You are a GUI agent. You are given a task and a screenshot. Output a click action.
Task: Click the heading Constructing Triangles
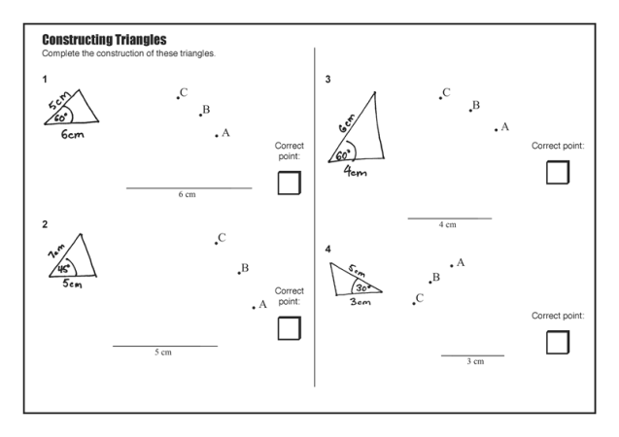click(105, 40)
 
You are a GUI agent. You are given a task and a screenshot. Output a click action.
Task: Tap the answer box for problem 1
click(289, 183)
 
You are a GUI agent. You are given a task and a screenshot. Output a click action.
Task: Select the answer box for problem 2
click(289, 328)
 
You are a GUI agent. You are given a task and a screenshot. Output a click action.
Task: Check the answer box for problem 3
click(557, 172)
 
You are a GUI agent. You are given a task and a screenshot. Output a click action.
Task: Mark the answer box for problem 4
click(557, 342)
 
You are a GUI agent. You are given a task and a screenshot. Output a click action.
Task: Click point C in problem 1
click(179, 96)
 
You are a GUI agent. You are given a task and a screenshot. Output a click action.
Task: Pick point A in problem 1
click(217, 135)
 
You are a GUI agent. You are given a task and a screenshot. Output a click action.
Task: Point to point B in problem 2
click(238, 271)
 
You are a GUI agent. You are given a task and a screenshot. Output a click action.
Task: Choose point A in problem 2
click(254, 307)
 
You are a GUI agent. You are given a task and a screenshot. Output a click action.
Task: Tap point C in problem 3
click(439, 96)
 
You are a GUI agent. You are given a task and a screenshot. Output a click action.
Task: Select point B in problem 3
click(470, 109)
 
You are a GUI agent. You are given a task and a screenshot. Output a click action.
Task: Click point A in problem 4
click(451, 265)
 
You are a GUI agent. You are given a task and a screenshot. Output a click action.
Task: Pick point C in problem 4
click(414, 302)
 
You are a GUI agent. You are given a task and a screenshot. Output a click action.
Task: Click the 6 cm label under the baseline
click(187, 195)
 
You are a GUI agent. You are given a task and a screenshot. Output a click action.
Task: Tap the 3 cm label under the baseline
click(474, 362)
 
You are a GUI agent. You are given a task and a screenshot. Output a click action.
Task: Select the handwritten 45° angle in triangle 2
click(64, 269)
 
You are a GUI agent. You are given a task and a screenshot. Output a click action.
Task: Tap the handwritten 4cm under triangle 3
click(356, 173)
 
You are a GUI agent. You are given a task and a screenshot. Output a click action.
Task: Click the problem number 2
click(45, 225)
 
